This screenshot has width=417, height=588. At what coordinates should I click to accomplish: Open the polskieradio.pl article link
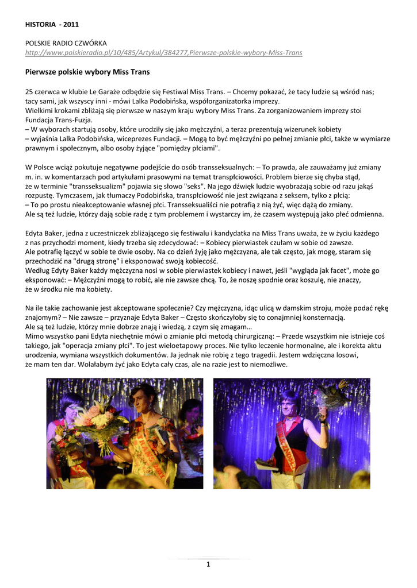[164, 52]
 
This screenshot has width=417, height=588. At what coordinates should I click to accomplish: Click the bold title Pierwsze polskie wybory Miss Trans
[87, 72]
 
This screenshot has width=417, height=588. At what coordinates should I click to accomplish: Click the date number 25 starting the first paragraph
[29, 91]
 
